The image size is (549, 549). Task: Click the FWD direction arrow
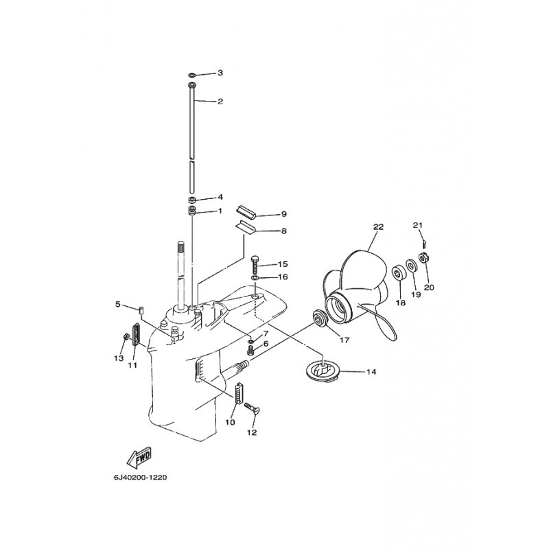tap(139, 458)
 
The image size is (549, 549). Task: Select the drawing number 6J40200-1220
tap(141, 478)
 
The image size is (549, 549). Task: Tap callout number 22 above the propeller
tap(379, 227)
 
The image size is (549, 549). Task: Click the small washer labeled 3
tap(192, 75)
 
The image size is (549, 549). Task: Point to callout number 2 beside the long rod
tap(220, 102)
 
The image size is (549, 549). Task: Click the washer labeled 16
tap(255, 278)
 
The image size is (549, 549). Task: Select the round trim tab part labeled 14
tap(321, 371)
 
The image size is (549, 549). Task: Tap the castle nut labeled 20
tap(423, 258)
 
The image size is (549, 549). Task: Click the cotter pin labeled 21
tap(424, 242)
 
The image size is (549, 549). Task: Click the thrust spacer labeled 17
tap(320, 318)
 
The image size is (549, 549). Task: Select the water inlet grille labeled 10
tap(239, 393)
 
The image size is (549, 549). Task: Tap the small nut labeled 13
tap(126, 337)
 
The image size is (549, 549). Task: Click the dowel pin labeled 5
tap(142, 310)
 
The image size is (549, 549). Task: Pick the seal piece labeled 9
tap(246, 213)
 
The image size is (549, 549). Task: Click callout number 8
tap(283, 231)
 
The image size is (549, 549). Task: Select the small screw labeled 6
tap(250, 349)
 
